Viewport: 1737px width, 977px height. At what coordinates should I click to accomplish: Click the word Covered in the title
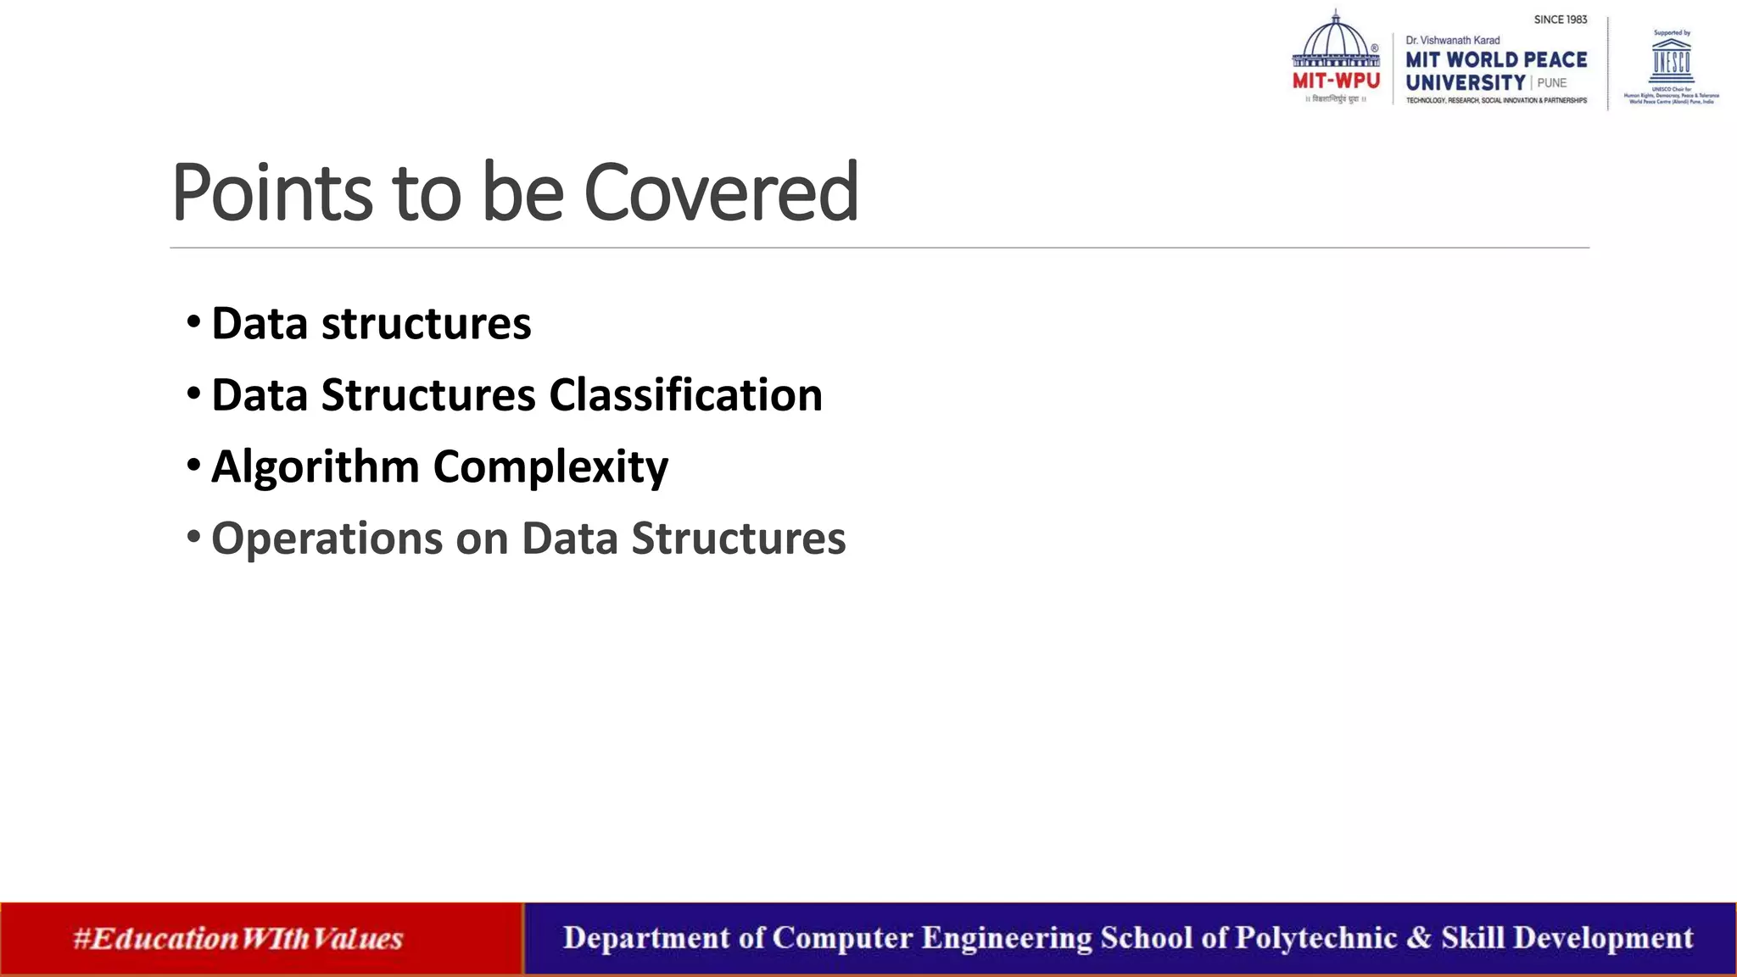(x=721, y=193)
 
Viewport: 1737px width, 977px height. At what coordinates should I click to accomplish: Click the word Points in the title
(x=271, y=193)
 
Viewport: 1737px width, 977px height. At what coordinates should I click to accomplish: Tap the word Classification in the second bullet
(x=685, y=395)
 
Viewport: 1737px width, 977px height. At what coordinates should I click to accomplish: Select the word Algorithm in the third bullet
(x=315, y=467)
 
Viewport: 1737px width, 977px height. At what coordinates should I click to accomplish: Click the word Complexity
(x=550, y=467)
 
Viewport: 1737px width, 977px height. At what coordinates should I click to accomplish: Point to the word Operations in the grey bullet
(x=327, y=539)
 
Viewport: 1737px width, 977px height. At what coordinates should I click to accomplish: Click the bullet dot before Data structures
(x=194, y=322)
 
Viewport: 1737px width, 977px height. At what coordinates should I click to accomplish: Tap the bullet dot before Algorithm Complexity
(x=194, y=466)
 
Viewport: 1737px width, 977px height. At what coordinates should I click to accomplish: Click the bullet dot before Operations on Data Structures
(x=194, y=537)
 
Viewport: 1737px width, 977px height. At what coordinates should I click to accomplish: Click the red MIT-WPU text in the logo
(x=1336, y=81)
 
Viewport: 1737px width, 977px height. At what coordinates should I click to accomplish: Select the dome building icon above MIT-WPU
(x=1336, y=40)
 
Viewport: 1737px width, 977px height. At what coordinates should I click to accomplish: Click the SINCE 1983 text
(x=1560, y=20)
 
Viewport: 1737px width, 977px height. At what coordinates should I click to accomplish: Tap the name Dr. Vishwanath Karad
(x=1452, y=40)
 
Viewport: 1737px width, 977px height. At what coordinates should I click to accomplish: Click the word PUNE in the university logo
(x=1551, y=83)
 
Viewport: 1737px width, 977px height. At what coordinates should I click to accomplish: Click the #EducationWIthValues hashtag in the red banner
(x=237, y=939)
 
